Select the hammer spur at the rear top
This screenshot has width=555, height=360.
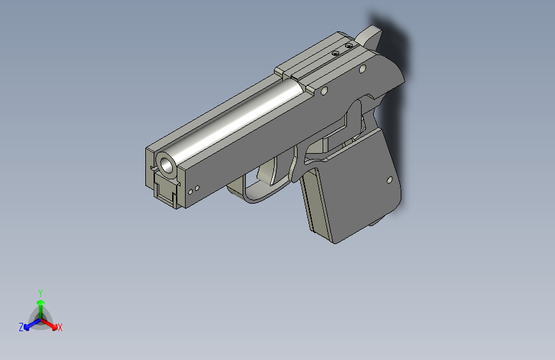click(371, 35)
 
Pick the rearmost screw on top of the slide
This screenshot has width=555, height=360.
click(349, 46)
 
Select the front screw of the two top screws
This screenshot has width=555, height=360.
click(335, 54)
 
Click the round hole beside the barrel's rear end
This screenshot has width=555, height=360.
click(324, 92)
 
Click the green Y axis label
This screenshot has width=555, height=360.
click(40, 292)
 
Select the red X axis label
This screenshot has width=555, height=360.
click(60, 327)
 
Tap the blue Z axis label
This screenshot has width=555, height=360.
click(21, 327)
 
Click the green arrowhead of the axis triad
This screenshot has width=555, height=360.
click(40, 302)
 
